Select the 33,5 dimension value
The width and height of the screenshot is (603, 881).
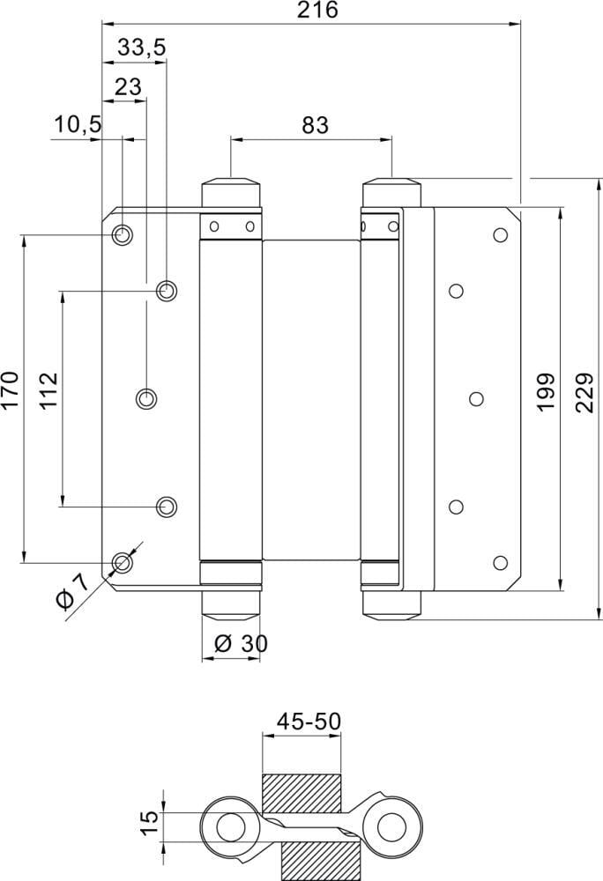(x=141, y=48)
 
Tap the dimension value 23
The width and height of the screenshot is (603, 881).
(x=128, y=86)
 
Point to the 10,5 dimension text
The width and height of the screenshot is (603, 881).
(x=77, y=125)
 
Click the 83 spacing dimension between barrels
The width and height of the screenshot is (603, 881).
(x=314, y=125)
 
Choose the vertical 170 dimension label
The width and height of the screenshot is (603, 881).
(x=10, y=390)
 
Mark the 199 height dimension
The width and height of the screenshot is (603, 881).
(x=544, y=390)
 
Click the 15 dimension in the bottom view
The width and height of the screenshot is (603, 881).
(x=151, y=823)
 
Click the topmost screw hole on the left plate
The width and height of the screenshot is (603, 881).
(x=123, y=235)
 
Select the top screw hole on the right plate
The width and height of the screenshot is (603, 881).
(x=501, y=235)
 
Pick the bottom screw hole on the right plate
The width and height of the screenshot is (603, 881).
(x=501, y=563)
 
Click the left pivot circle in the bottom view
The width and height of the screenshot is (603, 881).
(x=231, y=828)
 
